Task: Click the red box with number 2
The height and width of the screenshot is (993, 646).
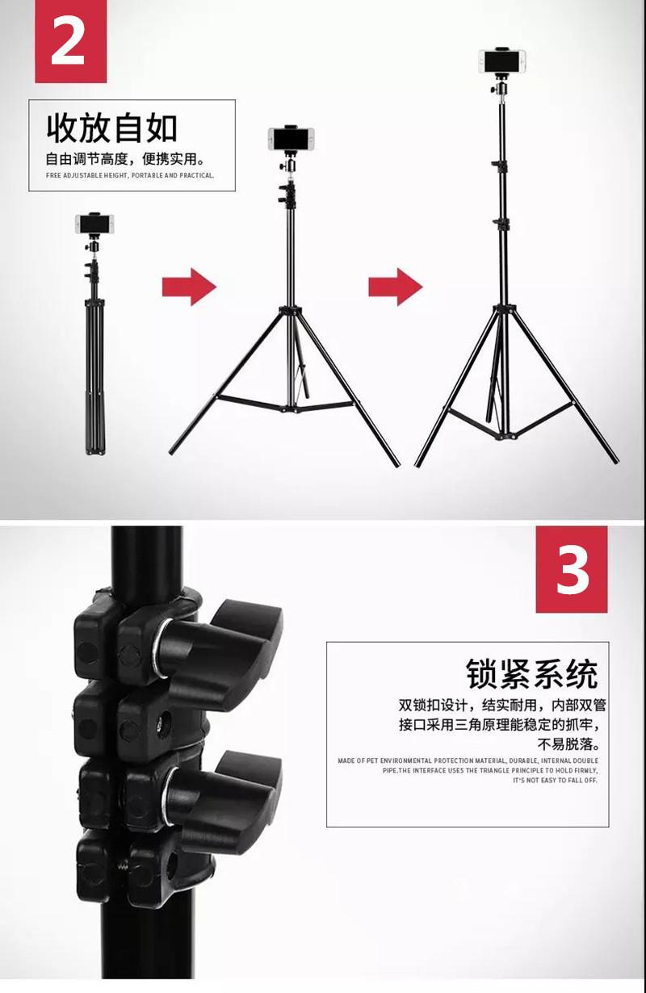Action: tap(70, 42)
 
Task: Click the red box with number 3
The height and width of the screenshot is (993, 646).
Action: tap(572, 569)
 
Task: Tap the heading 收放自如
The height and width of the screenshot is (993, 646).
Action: tap(112, 128)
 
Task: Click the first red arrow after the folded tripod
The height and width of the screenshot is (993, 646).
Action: tap(189, 287)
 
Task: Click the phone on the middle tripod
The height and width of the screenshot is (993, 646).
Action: tap(291, 139)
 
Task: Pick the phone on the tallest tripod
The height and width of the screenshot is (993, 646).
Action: tap(503, 61)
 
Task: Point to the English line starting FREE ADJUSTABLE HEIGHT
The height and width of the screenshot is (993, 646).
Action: tap(129, 175)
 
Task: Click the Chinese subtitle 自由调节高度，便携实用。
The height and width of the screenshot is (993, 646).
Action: tap(124, 158)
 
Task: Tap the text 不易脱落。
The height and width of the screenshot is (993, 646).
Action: tap(568, 744)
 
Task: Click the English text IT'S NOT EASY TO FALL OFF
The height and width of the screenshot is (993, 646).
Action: tap(555, 781)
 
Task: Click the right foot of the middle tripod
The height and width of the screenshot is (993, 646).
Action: tap(396, 463)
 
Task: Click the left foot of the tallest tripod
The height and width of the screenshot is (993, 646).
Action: tap(418, 464)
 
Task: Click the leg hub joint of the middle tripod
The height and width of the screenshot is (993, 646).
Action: tap(290, 311)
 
